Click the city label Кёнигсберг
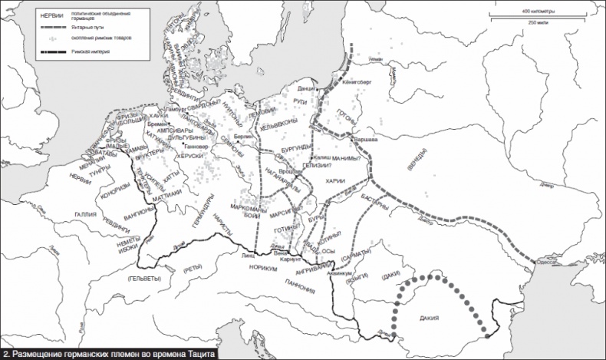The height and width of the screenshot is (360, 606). (356, 79)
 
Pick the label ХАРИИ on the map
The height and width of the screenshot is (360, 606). (335, 181)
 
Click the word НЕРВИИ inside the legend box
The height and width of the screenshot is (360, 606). (51, 15)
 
